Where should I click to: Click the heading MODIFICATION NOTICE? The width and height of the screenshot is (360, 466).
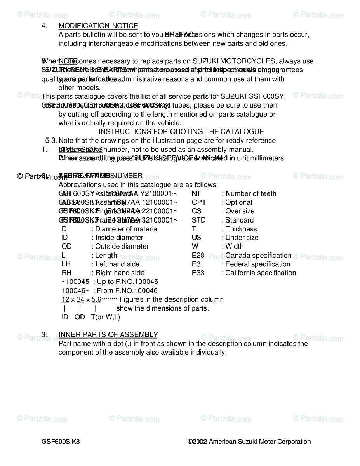click(98, 26)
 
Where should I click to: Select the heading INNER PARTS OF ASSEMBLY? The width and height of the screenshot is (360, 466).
click(108, 335)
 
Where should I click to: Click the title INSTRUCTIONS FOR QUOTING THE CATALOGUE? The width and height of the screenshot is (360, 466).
click(181, 132)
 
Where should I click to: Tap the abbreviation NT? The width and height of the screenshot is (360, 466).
click(196, 193)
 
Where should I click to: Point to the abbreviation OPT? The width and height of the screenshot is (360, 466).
click(199, 202)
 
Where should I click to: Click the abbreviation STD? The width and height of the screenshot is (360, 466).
click(198, 220)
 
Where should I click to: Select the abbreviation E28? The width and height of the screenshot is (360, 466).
click(198, 256)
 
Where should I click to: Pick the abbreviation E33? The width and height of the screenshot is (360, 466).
click(198, 273)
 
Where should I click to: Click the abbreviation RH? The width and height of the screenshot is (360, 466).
click(66, 273)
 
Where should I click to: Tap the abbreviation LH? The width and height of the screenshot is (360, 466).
click(66, 264)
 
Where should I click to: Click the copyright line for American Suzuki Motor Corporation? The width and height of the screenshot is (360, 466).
click(249, 442)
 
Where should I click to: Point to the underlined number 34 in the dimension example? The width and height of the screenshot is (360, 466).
click(80, 299)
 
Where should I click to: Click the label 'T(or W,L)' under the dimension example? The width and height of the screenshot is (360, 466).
click(105, 317)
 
